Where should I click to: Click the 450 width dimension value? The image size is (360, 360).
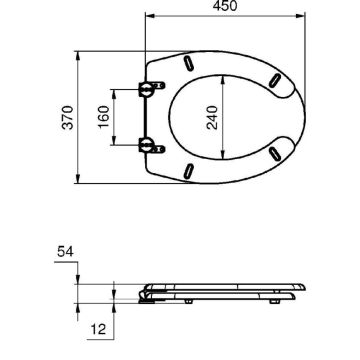coord(227,7)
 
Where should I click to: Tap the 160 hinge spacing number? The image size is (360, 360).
coord(103,116)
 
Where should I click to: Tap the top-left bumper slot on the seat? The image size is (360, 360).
coord(187,67)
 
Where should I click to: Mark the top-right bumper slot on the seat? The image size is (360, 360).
coord(272,80)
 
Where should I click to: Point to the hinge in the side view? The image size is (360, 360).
coord(150,294)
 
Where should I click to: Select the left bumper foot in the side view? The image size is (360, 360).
coord(188,298)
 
